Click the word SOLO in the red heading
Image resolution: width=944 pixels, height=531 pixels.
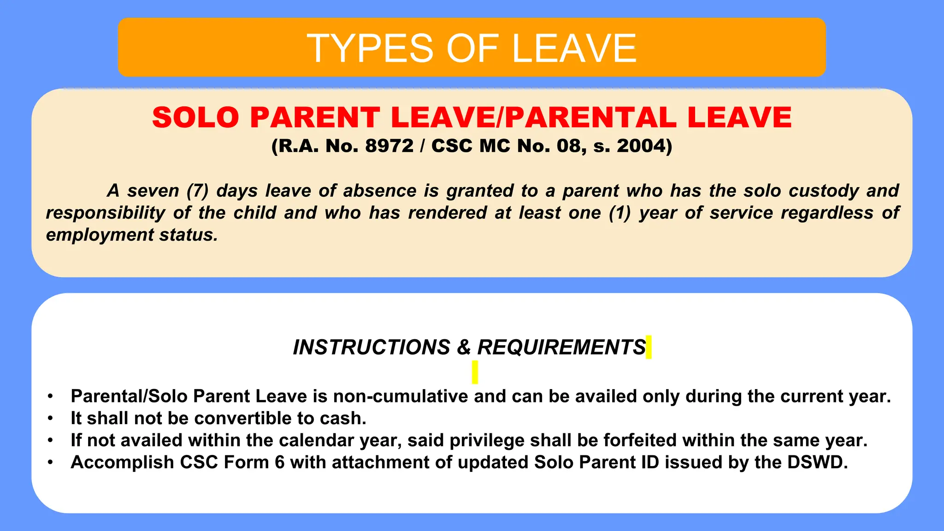pyautogui.click(x=195, y=117)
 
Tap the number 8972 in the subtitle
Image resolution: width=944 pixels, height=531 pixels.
pyautogui.click(x=389, y=146)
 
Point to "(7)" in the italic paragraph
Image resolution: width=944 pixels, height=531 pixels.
pyautogui.click(x=198, y=190)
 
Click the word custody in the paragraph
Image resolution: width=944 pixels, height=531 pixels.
pyautogui.click(x=824, y=190)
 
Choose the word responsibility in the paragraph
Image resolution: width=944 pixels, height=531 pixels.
pyautogui.click(x=106, y=212)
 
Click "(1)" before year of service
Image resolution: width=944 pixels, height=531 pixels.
pyautogui.click(x=619, y=212)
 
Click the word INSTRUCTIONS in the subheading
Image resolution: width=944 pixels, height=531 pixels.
pyautogui.click(x=372, y=347)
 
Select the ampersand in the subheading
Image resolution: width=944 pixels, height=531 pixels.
pyautogui.click(x=464, y=347)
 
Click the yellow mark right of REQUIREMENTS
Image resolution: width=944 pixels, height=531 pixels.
pyautogui.click(x=649, y=347)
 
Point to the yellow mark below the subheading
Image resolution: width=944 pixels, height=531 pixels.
pyautogui.click(x=475, y=372)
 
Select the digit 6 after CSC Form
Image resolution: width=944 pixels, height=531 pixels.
pyautogui.click(x=279, y=462)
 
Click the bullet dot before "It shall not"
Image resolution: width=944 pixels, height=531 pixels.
pyautogui.click(x=50, y=419)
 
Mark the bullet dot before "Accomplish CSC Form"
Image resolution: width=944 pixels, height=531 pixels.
pyautogui.click(x=50, y=462)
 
